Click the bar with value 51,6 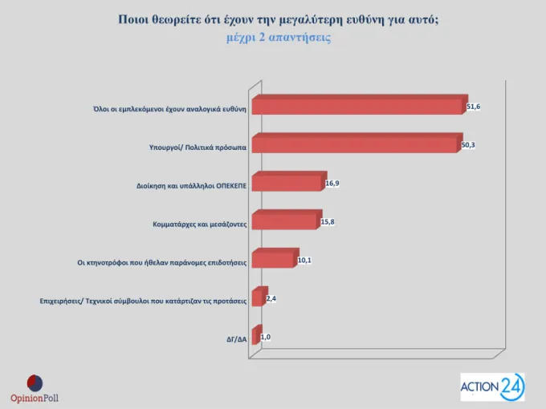coord(360,105)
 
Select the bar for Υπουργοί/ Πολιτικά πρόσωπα coord(357,143)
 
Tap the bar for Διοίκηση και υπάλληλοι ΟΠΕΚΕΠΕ coord(289,181)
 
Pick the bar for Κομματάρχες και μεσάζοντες coord(287,220)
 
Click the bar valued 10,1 coord(275,258)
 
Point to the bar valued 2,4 coord(260,296)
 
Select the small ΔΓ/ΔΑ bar coord(257,334)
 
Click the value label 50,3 coord(468,145)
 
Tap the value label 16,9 coord(332,184)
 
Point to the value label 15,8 coord(328,222)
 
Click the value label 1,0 coord(266,337)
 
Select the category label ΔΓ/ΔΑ coord(237,339)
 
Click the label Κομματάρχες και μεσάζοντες coord(200,225)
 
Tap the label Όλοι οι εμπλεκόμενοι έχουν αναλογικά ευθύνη coord(170,109)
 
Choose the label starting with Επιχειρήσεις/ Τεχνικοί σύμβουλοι coord(143,302)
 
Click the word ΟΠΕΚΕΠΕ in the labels coord(231,186)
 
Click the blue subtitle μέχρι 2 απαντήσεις coord(279,37)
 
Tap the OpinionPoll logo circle coord(35,383)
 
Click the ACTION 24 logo coord(492,387)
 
